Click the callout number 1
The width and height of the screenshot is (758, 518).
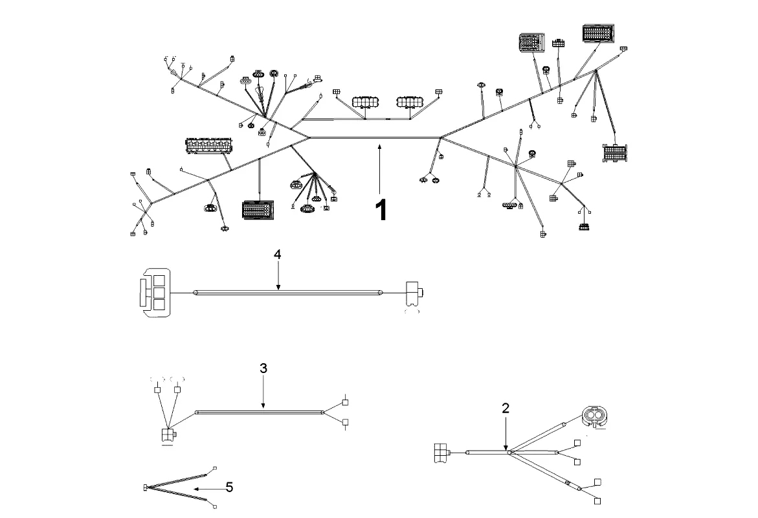click(x=382, y=210)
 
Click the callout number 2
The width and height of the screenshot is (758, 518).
click(x=506, y=408)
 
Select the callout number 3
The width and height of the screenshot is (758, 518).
click(x=263, y=368)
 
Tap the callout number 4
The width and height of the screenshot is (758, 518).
click(x=277, y=254)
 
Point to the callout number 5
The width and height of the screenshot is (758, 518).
click(x=229, y=486)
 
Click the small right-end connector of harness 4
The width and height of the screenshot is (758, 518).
click(x=412, y=293)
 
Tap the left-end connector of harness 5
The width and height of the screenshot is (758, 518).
click(x=146, y=487)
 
